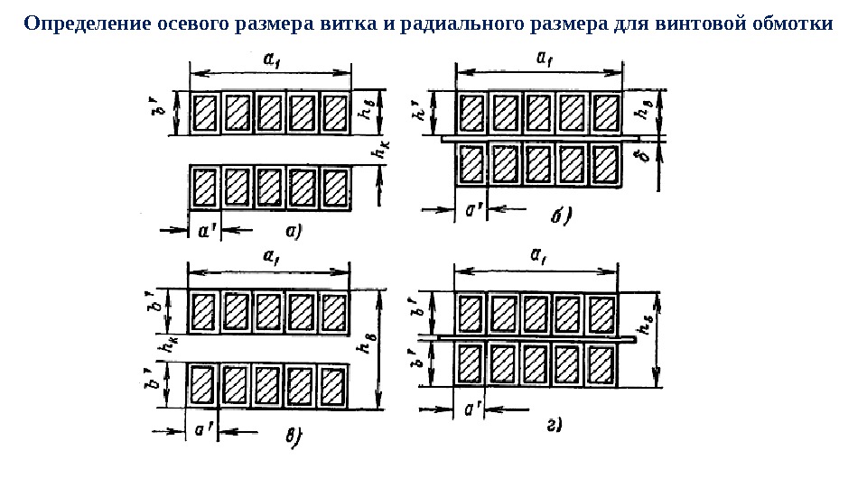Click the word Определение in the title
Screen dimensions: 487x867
tap(76, 23)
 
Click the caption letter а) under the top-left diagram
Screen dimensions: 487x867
tap(294, 231)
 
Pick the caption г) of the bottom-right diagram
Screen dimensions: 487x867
tap(555, 425)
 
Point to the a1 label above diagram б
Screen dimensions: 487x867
tap(544, 57)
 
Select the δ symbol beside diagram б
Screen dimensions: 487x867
tap(643, 161)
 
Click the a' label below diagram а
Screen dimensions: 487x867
tap(206, 231)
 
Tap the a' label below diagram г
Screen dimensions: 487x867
tap(471, 410)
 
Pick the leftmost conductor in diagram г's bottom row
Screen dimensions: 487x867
tap(471, 363)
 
